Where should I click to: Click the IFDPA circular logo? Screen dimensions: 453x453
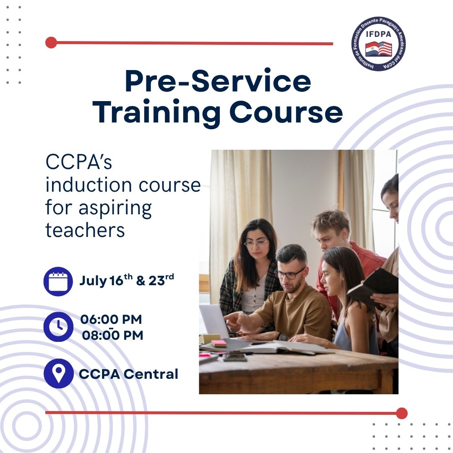click(378, 44)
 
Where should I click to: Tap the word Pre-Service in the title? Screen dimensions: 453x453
click(218, 81)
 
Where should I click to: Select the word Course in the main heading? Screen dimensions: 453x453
click(286, 112)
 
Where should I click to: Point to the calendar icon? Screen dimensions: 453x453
click(58, 281)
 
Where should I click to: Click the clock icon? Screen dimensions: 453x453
click(58, 327)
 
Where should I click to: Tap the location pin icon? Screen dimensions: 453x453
click(59, 373)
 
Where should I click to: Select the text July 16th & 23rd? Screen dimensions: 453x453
click(127, 280)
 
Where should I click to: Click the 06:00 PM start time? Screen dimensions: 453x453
click(111, 320)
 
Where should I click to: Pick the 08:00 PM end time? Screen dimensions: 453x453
click(112, 336)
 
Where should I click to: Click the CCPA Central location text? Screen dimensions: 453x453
click(129, 374)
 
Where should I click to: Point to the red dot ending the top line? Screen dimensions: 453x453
click(51, 42)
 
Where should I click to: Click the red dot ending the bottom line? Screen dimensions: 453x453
click(401, 413)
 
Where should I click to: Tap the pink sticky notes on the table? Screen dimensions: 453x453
click(219, 343)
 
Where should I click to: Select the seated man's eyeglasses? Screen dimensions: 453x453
click(290, 273)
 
